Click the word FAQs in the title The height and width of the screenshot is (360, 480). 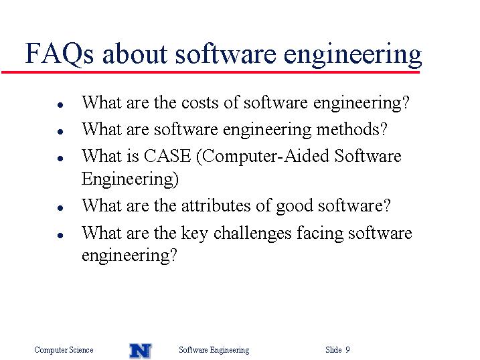pyautogui.click(x=60, y=54)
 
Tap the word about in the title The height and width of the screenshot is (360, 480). pyautogui.click(x=135, y=54)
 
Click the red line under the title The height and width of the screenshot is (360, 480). pyautogui.click(x=211, y=72)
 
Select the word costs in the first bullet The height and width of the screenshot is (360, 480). pyautogui.click(x=199, y=103)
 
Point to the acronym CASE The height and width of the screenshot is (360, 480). pyautogui.click(x=167, y=156)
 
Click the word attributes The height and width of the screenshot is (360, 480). pyautogui.click(x=216, y=205)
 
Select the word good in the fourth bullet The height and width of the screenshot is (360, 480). pyautogui.click(x=294, y=207)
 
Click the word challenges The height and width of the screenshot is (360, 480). pyautogui.click(x=252, y=234)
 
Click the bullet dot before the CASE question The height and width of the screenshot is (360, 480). pyautogui.click(x=60, y=159)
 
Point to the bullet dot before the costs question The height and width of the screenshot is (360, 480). pyautogui.click(x=60, y=105)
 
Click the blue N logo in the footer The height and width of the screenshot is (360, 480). pyautogui.click(x=141, y=351)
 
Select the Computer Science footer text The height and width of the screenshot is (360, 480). pyautogui.click(x=64, y=350)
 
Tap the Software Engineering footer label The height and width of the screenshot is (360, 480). pyautogui.click(x=214, y=350)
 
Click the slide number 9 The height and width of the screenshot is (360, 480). pyautogui.click(x=347, y=349)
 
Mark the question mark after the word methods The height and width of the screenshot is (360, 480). pyautogui.click(x=384, y=129)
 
